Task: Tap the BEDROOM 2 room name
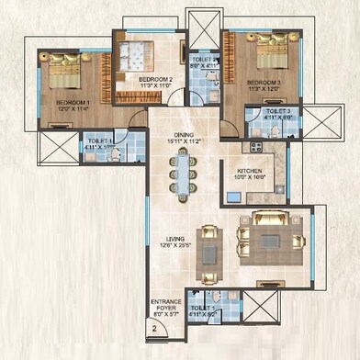click(x=156, y=80)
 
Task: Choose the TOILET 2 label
click(x=204, y=61)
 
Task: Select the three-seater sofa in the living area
click(x=272, y=219)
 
